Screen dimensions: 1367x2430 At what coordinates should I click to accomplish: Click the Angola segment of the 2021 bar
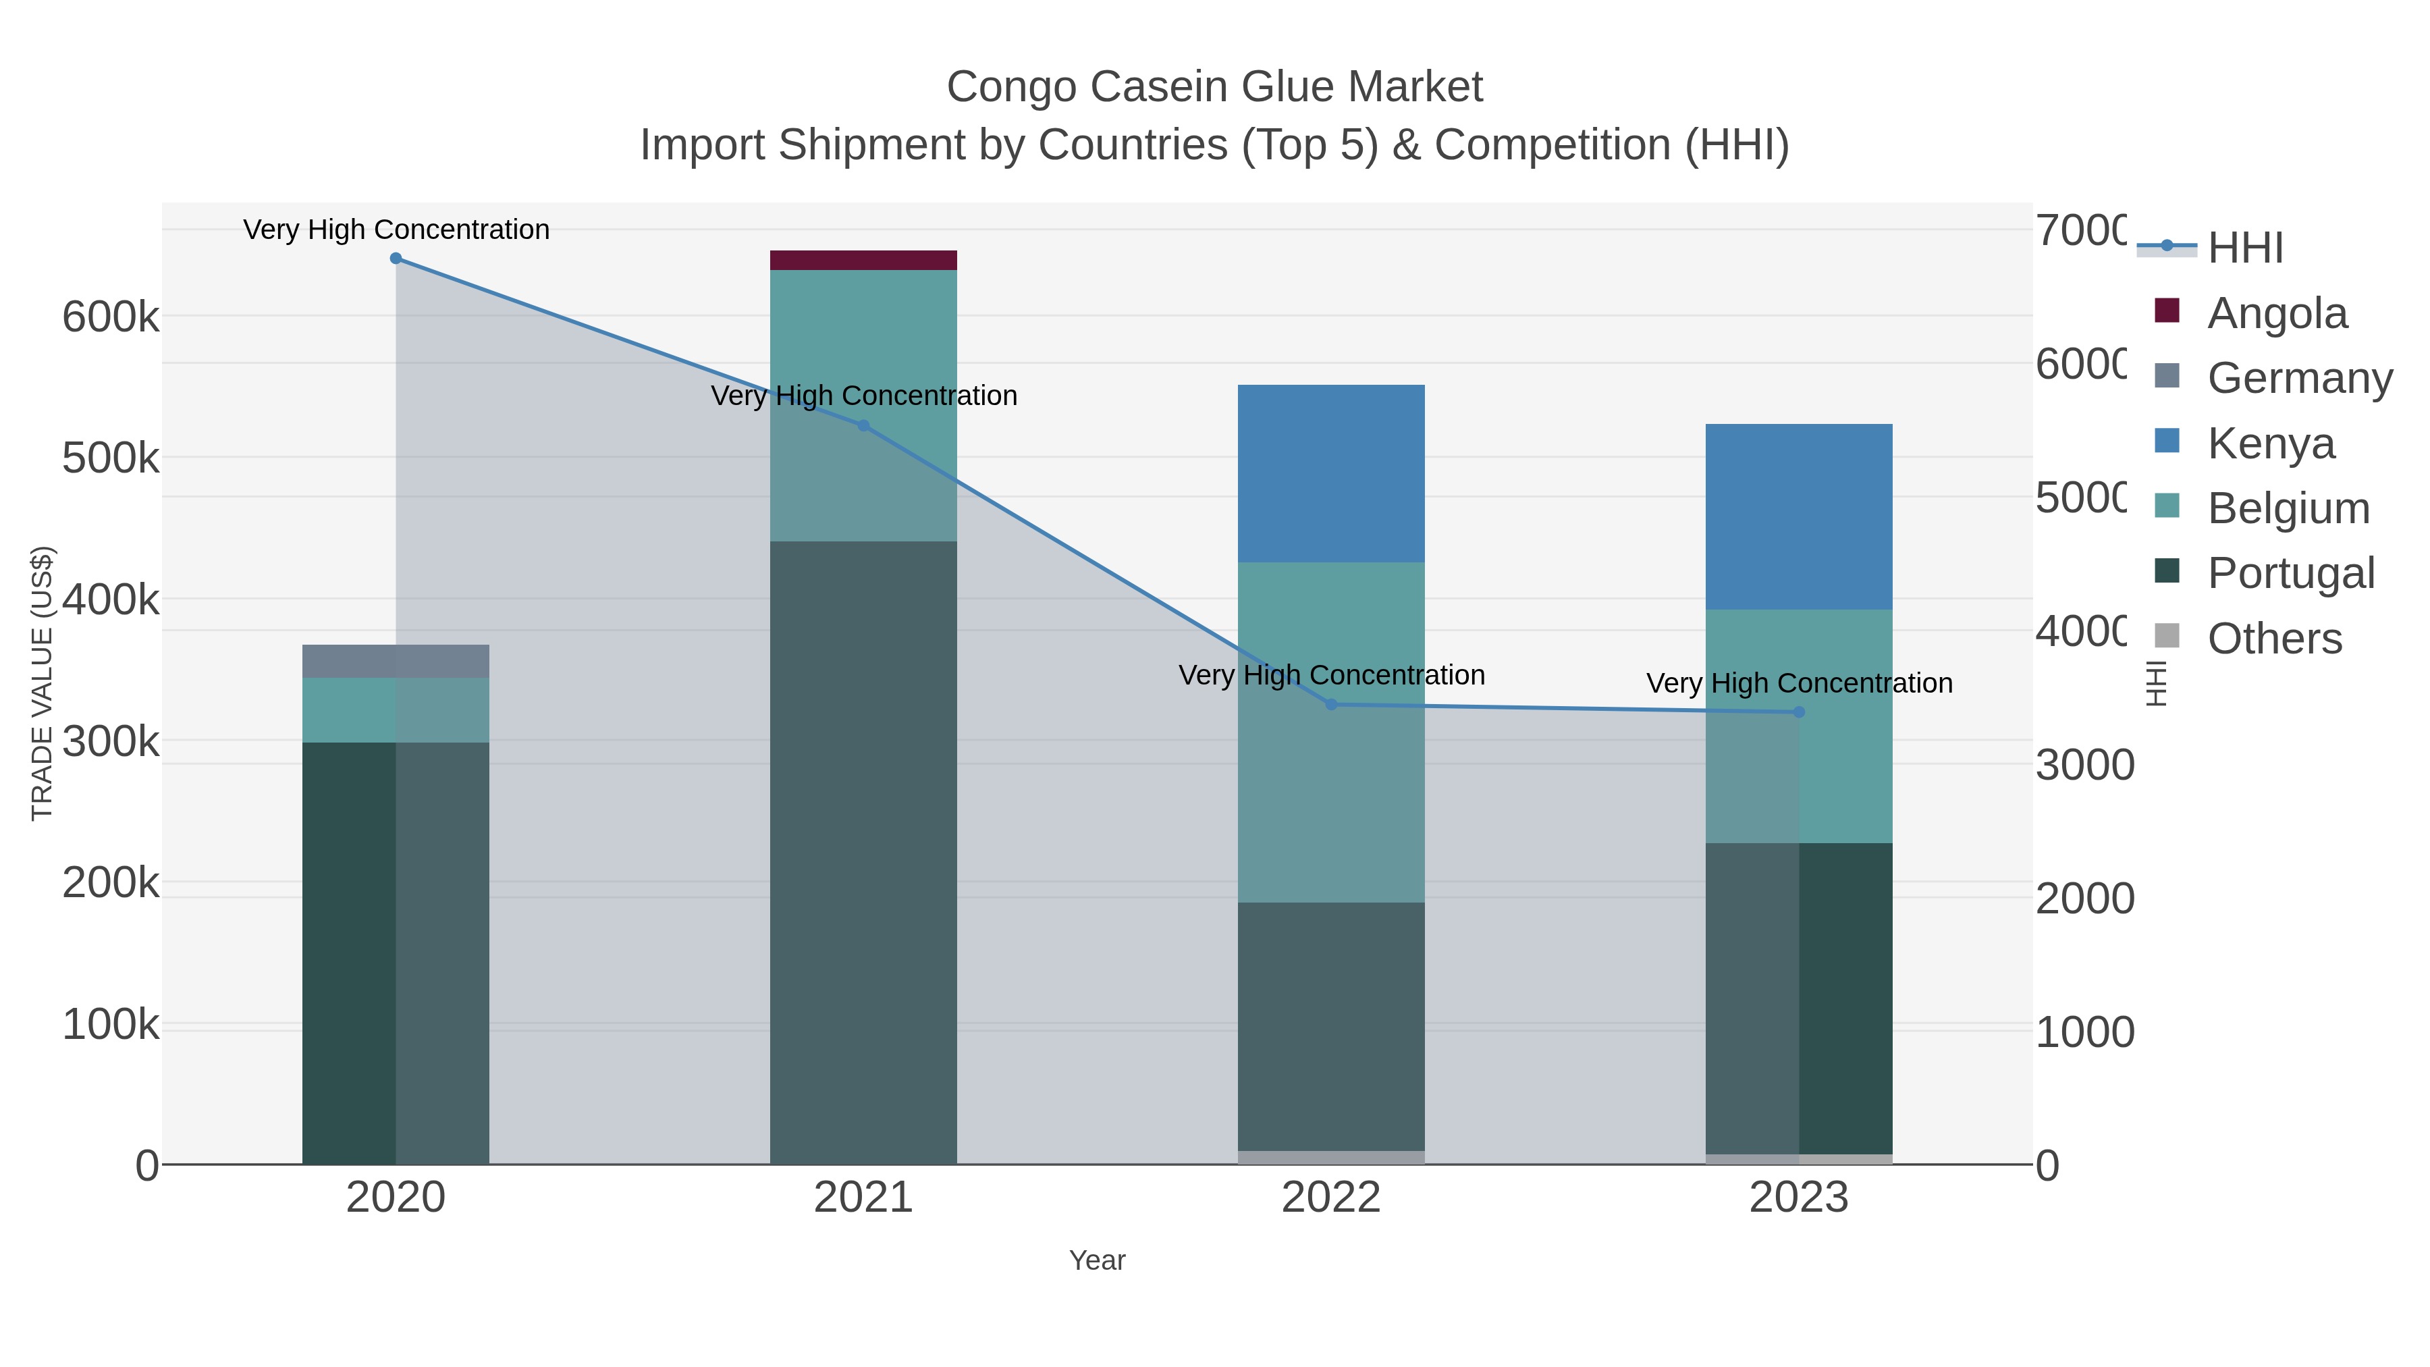coord(863,261)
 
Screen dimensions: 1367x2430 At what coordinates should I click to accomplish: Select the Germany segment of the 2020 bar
coord(396,662)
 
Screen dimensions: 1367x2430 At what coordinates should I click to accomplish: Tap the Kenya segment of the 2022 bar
coord(1330,474)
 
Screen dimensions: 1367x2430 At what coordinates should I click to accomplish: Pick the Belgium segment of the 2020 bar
coord(396,709)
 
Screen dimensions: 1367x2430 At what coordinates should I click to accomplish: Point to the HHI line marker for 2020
coord(396,259)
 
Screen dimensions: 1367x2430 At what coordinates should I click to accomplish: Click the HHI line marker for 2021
coord(863,425)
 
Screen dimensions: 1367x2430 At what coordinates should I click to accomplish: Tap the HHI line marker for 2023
coord(1798,712)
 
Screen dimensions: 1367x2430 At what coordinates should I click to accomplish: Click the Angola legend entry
coord(2275,313)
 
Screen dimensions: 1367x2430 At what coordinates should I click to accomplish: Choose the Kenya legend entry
coord(2269,444)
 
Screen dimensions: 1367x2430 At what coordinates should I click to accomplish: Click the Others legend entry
coord(2273,639)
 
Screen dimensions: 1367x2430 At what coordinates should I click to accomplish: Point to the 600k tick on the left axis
coord(111,317)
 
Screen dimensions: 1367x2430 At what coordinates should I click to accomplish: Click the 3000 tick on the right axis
coord(2084,765)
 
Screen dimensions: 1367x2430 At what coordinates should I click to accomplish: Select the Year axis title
coord(1096,1260)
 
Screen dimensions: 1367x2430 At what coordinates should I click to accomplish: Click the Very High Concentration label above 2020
coord(396,230)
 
